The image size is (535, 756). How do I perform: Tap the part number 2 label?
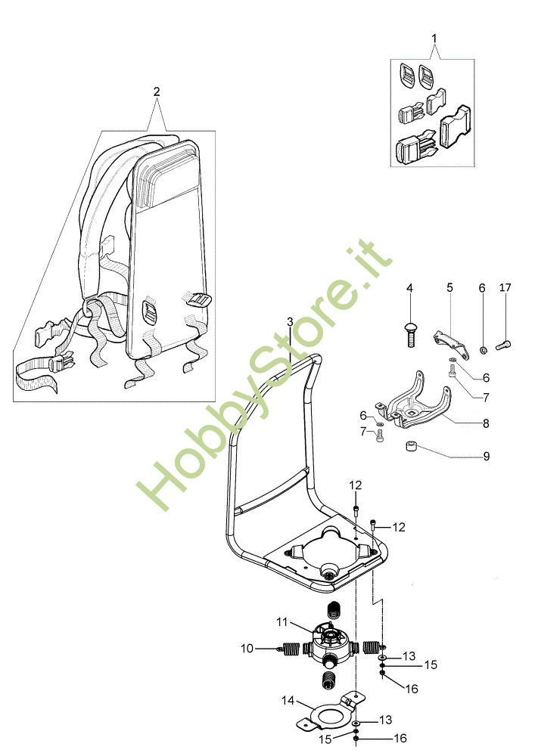coord(157,91)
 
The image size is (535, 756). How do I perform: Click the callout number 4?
coord(409,288)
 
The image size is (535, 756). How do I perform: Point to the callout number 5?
coord(449,288)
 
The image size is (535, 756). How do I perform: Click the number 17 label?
coord(505,288)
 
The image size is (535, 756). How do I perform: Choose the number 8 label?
coord(486,424)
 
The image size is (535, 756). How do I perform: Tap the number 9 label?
coord(486,457)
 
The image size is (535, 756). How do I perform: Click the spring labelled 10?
coord(291,649)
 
